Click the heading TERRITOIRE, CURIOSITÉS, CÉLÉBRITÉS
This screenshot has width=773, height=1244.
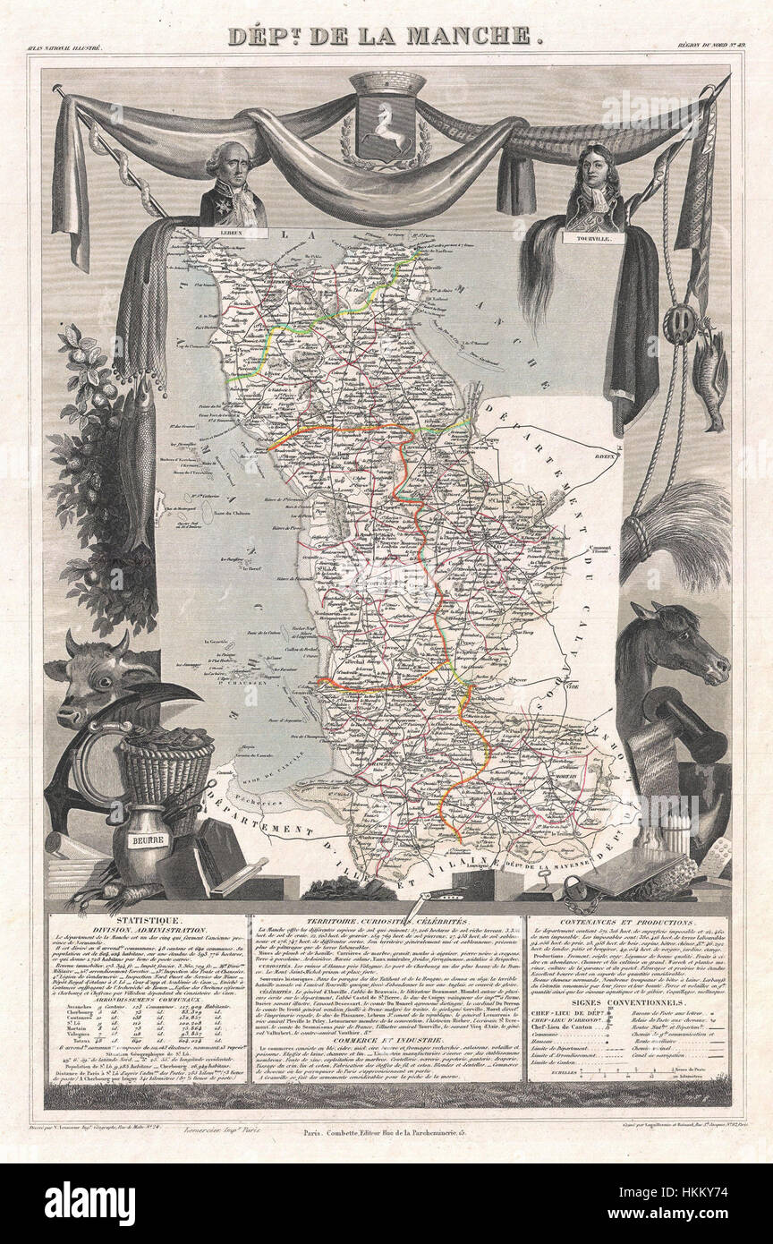tap(386, 919)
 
